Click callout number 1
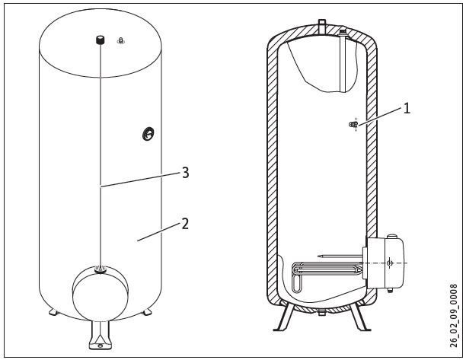(x=407, y=108)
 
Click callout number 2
(x=185, y=224)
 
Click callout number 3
(x=186, y=173)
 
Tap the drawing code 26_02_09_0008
(x=453, y=316)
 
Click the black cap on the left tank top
(x=101, y=40)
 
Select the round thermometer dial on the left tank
(x=148, y=134)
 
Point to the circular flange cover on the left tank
(x=101, y=294)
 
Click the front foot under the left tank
(x=101, y=335)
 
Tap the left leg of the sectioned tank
(x=285, y=316)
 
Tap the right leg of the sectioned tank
(x=359, y=316)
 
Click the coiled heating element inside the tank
(x=326, y=273)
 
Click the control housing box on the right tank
(x=385, y=263)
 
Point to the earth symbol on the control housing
(x=390, y=263)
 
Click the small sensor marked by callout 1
(x=353, y=125)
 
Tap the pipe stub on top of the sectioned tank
(x=322, y=26)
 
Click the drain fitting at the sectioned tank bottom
(x=322, y=313)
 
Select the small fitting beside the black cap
(x=120, y=40)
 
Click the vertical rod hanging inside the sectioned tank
(x=343, y=62)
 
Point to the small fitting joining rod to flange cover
(x=101, y=269)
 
